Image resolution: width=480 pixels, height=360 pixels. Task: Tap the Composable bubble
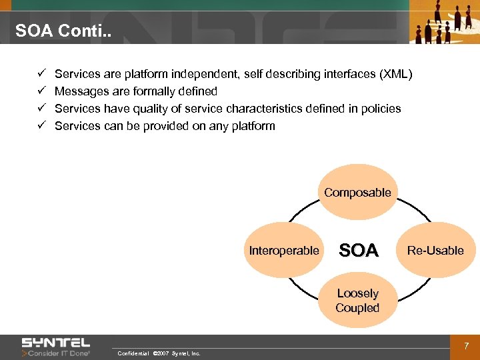(x=357, y=193)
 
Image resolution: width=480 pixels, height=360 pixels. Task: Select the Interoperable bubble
(x=284, y=251)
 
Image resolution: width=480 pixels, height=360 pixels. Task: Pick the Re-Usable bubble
(x=435, y=251)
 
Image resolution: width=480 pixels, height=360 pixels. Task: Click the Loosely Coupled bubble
(x=357, y=301)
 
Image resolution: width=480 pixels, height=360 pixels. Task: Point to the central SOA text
(x=359, y=251)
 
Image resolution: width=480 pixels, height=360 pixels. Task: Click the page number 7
(x=466, y=346)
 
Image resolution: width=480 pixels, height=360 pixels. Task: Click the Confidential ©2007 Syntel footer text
(x=158, y=353)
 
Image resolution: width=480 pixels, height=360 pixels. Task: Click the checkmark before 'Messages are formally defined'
(x=41, y=91)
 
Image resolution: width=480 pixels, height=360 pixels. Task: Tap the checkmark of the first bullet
(x=41, y=73)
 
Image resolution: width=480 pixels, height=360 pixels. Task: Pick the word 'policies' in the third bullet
(x=381, y=108)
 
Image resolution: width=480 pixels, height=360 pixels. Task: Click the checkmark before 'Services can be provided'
(x=41, y=125)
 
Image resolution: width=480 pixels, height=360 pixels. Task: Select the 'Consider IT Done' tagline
(x=59, y=353)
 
